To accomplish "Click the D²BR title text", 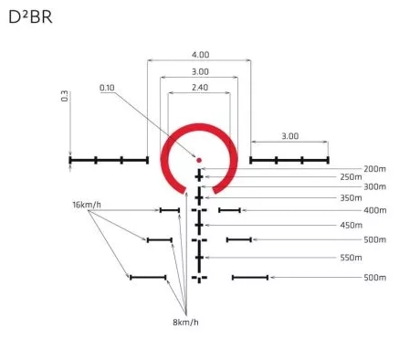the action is click(x=30, y=17).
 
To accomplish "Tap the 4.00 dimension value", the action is click(x=200, y=55).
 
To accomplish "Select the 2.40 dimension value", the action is click(x=200, y=88).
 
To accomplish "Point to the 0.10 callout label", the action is click(x=107, y=88).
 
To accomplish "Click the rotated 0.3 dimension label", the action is click(x=65, y=96).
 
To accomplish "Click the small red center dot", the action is click(x=199, y=160).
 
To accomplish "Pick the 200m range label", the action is click(x=375, y=169).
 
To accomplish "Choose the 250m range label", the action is click(x=352, y=177).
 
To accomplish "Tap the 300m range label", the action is click(x=375, y=186).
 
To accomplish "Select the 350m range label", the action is click(x=352, y=198).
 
